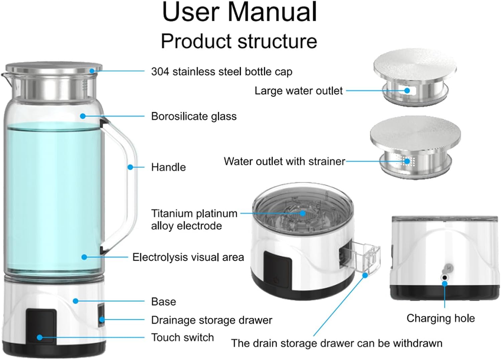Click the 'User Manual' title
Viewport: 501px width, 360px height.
(x=239, y=13)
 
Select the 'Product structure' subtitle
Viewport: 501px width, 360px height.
(x=239, y=41)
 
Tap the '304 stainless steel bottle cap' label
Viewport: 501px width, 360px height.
(x=221, y=72)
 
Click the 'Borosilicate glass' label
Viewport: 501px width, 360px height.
(x=194, y=116)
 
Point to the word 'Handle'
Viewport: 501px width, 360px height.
(x=168, y=167)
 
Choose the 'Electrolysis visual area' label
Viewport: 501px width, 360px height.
(x=188, y=257)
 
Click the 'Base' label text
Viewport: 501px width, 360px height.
(x=163, y=302)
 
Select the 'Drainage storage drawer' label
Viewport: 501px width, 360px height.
(x=211, y=320)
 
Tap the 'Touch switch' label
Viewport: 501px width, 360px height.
(x=182, y=338)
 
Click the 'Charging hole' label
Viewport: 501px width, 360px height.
(x=441, y=318)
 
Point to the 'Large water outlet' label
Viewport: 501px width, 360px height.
(x=298, y=91)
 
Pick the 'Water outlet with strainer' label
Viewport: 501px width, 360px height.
(x=284, y=161)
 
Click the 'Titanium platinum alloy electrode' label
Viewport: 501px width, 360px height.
(x=194, y=220)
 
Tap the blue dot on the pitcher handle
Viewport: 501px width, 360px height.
(x=131, y=167)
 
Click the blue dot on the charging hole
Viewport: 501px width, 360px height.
(x=445, y=283)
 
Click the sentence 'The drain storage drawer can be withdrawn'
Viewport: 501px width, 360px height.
(x=337, y=343)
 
